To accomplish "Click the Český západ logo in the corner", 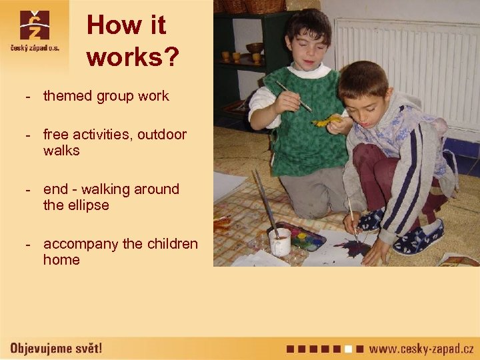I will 34,33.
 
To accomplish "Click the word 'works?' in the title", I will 133,57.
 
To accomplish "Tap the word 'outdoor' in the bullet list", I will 162,135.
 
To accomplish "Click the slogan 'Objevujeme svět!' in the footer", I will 56,348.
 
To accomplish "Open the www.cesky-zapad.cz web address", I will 421,348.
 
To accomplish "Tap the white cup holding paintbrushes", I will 279,241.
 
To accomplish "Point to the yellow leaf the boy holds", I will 326,121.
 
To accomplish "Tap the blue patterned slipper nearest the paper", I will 371,219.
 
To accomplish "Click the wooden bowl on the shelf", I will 254,48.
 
